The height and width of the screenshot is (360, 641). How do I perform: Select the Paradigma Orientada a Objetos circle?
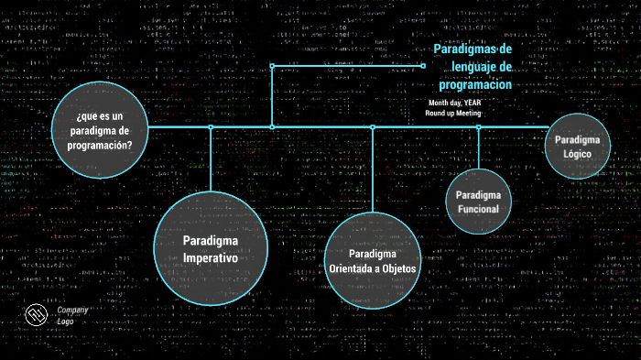(373, 261)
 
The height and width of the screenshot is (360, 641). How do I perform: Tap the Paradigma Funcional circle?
(478, 202)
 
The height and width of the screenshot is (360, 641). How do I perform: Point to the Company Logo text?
(72, 316)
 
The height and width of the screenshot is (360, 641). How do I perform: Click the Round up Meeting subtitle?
(453, 114)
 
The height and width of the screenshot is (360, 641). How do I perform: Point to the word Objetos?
(397, 268)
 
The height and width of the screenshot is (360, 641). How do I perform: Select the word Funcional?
(478, 210)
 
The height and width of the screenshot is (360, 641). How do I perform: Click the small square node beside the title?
(423, 65)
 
